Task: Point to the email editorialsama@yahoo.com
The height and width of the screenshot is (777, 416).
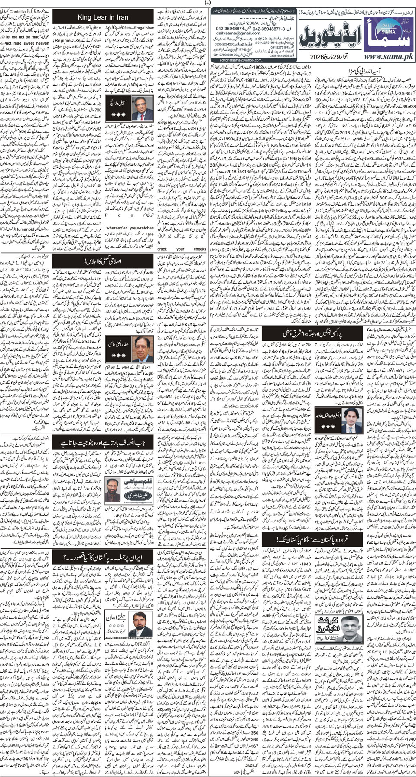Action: (x=237, y=60)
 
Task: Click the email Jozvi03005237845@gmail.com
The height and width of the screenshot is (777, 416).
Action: (x=129, y=637)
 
